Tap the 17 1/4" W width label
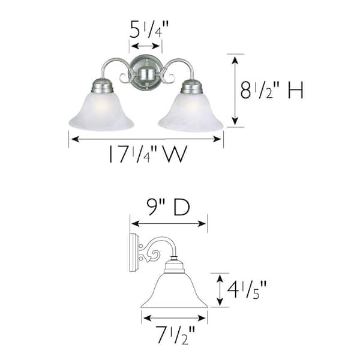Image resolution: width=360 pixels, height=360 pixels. [x=147, y=155]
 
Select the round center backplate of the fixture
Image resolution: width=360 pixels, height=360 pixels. [x=146, y=73]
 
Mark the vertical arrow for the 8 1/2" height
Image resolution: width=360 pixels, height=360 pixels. [x=235, y=90]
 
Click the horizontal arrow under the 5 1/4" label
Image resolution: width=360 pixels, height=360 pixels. [x=146, y=46]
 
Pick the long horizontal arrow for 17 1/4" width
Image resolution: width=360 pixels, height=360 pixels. [x=146, y=139]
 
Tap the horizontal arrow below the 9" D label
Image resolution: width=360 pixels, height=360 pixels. [x=169, y=224]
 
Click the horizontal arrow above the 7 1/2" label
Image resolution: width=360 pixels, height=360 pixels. [x=174, y=317]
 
